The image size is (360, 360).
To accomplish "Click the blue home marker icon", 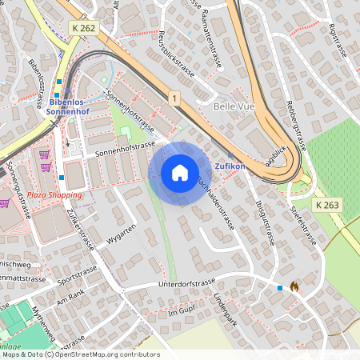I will [x=179, y=173].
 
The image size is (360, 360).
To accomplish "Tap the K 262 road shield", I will [x=84, y=28].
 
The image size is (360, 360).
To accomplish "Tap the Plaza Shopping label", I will [x=54, y=194].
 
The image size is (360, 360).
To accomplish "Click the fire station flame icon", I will [x=294, y=286].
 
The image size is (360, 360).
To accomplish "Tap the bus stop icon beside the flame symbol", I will [x=280, y=288].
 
